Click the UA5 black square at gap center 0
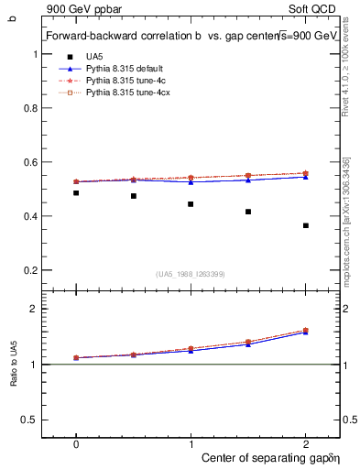pos(76,193)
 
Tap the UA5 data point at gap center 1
pos(191,204)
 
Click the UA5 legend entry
pos(94,57)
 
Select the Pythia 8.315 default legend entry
pos(123,69)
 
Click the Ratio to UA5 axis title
pos(12,365)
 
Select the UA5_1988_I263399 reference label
pos(191,274)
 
